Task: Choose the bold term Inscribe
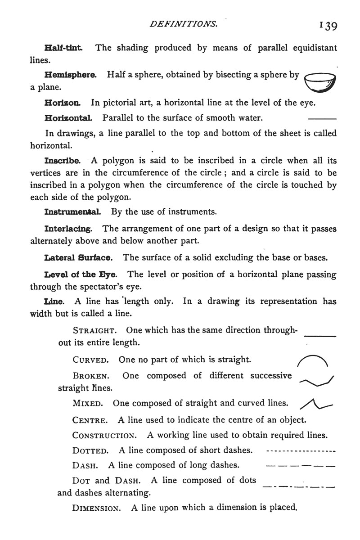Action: click(x=63, y=160)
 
